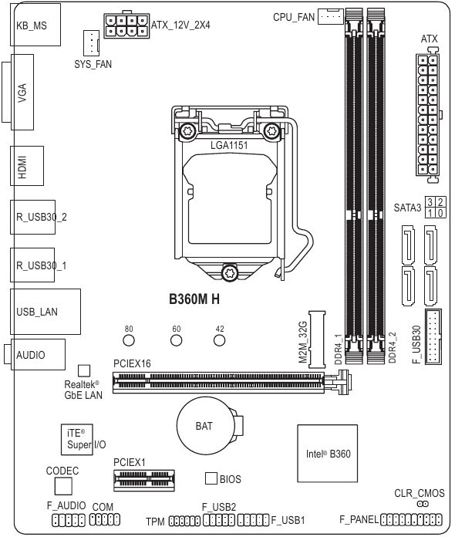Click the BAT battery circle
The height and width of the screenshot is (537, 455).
click(204, 425)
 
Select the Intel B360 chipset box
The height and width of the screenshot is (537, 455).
click(327, 454)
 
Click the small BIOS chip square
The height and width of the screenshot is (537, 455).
click(211, 478)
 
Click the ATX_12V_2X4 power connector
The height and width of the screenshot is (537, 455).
click(126, 25)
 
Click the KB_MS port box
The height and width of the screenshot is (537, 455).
click(31, 25)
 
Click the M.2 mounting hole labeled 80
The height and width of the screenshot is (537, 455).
click(130, 340)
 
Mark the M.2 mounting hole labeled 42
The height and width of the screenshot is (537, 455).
click(220, 340)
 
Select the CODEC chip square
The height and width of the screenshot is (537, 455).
click(63, 485)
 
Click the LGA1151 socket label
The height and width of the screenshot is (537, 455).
click(230, 144)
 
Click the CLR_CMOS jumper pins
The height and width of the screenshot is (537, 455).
click(423, 503)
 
